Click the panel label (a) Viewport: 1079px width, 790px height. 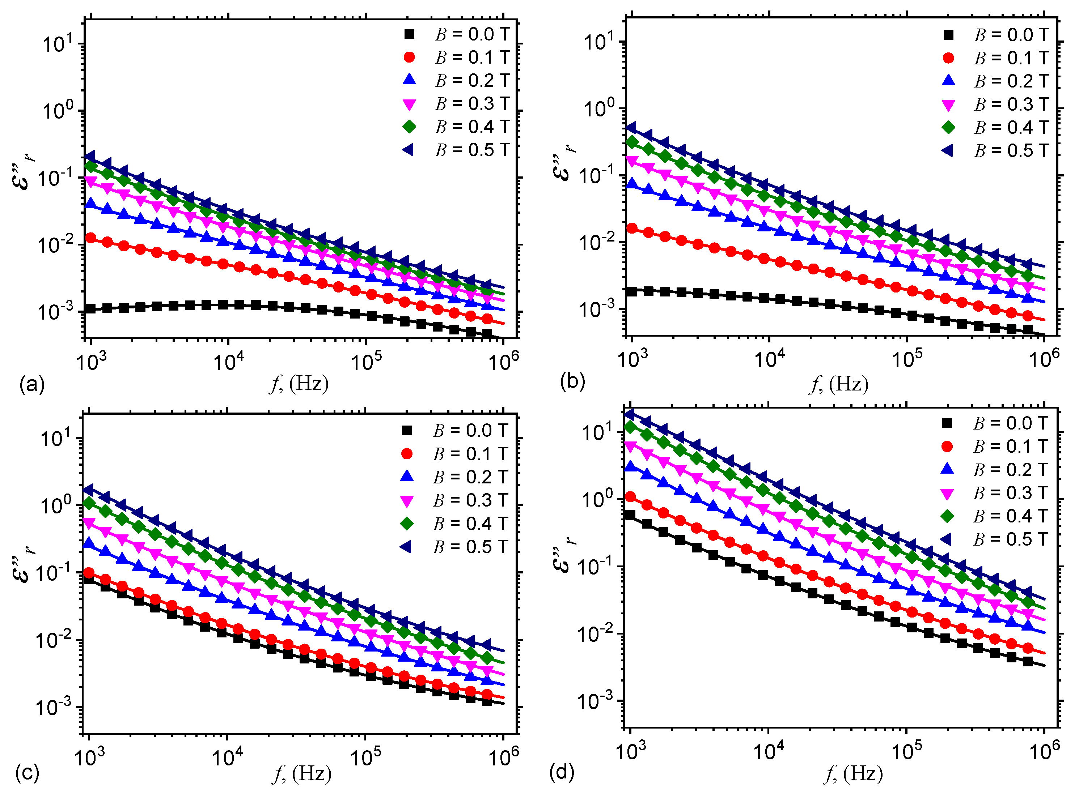pos(31,384)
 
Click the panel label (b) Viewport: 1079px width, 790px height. pos(572,381)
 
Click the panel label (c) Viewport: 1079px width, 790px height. pos(27,772)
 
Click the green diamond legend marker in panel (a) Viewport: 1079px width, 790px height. pos(409,127)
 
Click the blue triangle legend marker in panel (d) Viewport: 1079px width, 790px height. pos(947,469)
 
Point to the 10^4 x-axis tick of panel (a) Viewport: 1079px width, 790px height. pos(228,362)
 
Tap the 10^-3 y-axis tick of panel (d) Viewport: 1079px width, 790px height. pos(595,701)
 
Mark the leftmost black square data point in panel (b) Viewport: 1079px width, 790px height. pos(632,291)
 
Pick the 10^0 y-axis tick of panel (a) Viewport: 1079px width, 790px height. pos(58,111)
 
